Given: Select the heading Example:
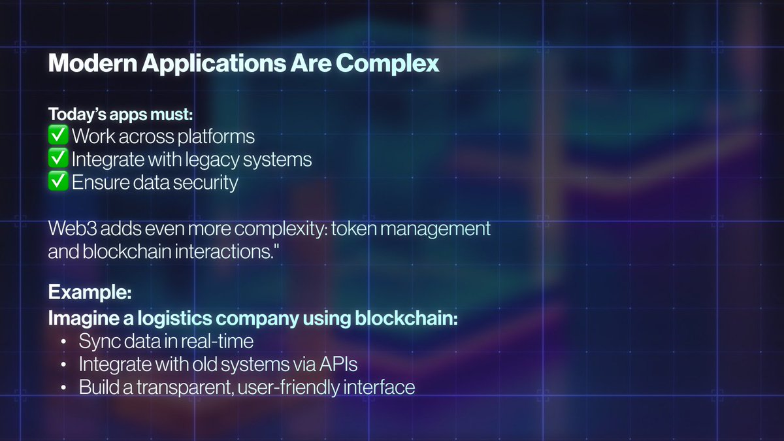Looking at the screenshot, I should (x=89, y=292).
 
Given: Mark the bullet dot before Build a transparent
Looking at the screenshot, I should (x=63, y=387).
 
